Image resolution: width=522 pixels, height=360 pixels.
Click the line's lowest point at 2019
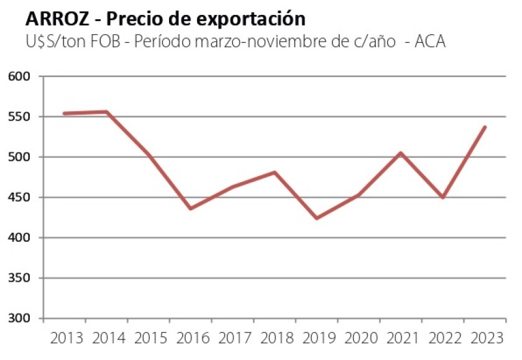point(317,218)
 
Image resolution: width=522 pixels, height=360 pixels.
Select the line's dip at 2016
point(190,208)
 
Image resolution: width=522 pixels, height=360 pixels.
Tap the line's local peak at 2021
point(401,153)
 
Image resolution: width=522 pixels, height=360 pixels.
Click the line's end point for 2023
point(485,127)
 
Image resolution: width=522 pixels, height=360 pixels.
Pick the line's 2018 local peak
point(275,172)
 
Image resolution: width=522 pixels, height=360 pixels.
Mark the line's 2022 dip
point(443,198)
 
